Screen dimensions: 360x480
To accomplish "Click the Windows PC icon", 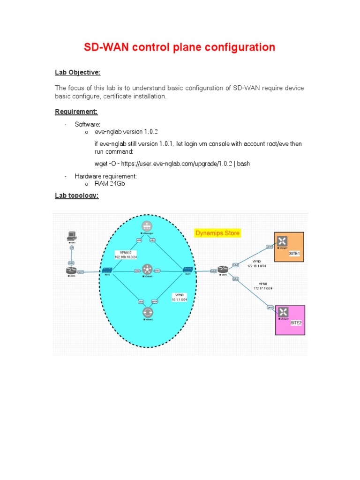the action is pyautogui.click(x=71, y=235).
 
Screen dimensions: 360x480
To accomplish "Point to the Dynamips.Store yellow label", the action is pyautogui.click(x=218, y=232).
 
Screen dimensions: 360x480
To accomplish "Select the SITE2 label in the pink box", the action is pyautogui.click(x=296, y=323).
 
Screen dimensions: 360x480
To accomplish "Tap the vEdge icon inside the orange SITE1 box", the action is pyautogui.click(x=282, y=241).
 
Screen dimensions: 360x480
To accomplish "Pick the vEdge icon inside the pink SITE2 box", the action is pyautogui.click(x=283, y=311).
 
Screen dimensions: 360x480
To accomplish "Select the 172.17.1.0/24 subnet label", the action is pyautogui.click(x=262, y=288).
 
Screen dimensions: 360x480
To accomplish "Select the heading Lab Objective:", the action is pyautogui.click(x=78, y=72).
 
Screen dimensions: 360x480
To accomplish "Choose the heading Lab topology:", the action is pyautogui.click(x=77, y=196).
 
